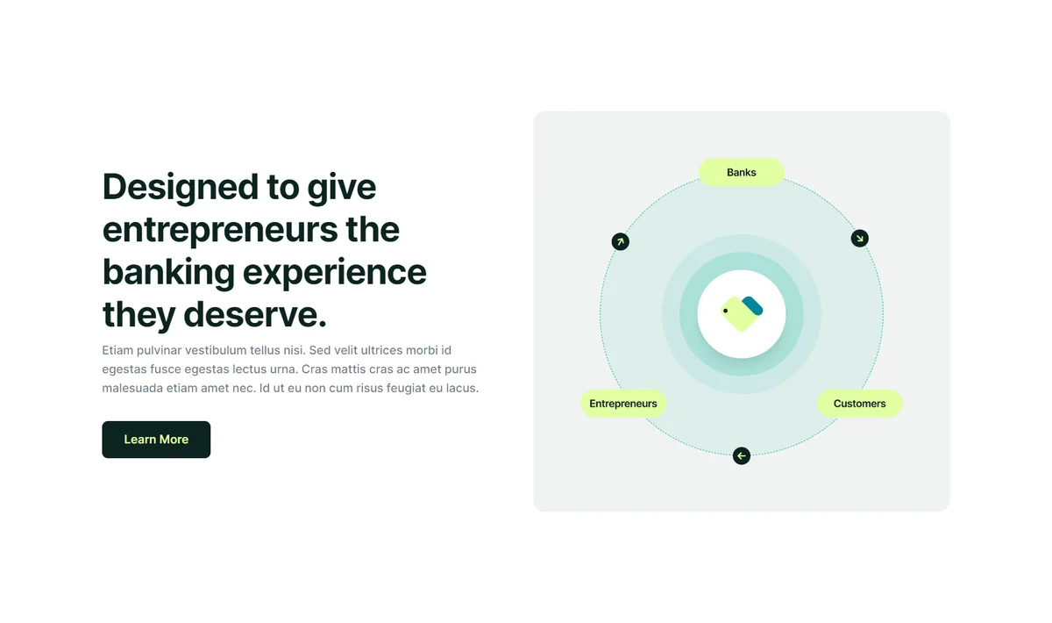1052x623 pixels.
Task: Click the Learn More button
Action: point(156,439)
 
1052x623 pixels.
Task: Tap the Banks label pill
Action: point(741,172)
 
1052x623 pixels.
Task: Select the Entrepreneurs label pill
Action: point(622,404)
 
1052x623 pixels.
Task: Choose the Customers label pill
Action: point(859,404)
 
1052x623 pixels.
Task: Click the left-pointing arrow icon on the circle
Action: point(741,455)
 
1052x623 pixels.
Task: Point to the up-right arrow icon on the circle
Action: point(620,241)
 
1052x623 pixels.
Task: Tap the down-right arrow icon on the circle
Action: point(859,239)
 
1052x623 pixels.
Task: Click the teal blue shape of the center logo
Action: point(752,305)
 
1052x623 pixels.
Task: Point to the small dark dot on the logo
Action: point(726,311)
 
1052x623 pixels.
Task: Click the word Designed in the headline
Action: point(181,187)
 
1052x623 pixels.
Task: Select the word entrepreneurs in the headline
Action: point(220,229)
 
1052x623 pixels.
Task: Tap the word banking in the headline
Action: point(168,272)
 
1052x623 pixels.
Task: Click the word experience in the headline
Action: point(334,273)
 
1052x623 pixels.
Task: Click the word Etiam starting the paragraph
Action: point(117,350)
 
